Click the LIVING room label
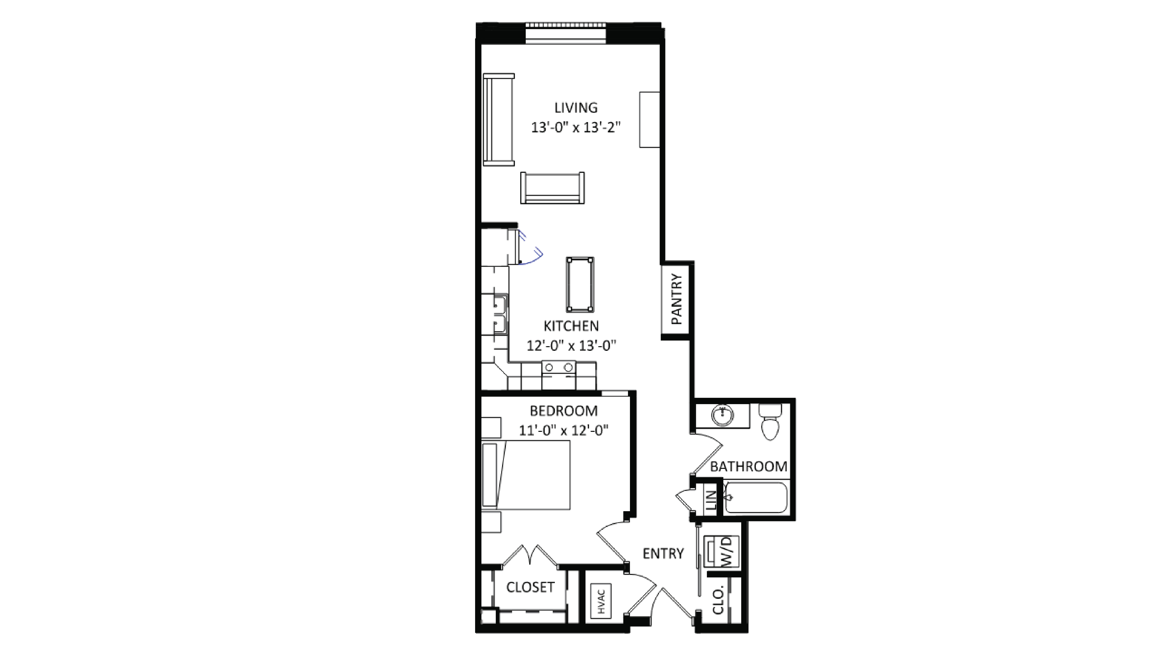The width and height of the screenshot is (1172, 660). click(x=576, y=108)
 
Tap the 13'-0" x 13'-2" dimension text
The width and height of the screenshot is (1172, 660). click(x=576, y=127)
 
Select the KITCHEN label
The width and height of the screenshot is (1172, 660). click(x=571, y=326)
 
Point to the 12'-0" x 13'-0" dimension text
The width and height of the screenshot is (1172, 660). click(x=571, y=346)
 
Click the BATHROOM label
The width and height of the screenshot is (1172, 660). click(x=748, y=467)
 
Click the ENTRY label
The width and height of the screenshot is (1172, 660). click(x=663, y=554)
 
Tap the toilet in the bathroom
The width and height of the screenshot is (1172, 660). click(x=770, y=423)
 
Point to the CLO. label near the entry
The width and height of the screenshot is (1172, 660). click(x=718, y=601)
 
